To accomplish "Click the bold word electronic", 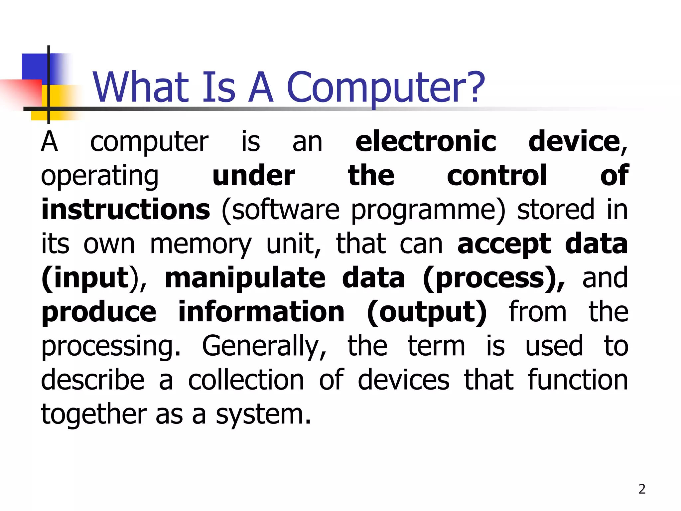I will pos(426,142).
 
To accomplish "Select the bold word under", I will pos(253,176).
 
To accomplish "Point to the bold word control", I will pos(497,176).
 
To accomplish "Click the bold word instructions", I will pos(126,210).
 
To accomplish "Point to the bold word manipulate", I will pos(245,279).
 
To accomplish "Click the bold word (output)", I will pos(427,313).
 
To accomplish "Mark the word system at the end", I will pos(263,415).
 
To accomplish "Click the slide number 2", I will pos(642,489).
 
